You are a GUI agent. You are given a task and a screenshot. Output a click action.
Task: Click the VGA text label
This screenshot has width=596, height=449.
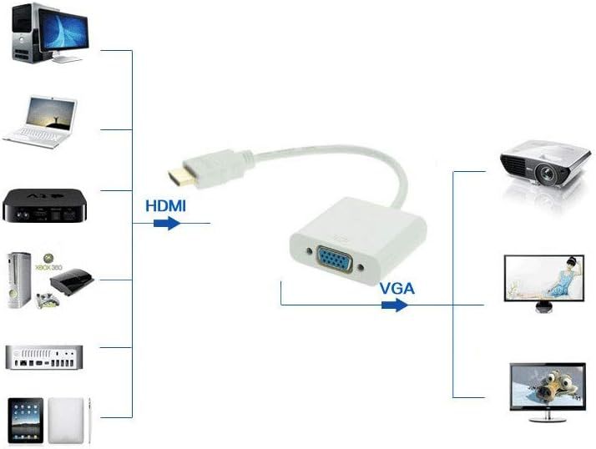point(397,288)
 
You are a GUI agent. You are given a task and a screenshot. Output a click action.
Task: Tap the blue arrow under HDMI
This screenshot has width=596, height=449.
point(169,224)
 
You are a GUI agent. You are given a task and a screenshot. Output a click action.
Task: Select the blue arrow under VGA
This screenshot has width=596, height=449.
point(394,305)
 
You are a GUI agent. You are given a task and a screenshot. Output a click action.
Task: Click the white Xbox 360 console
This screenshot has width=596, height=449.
point(19,280)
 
